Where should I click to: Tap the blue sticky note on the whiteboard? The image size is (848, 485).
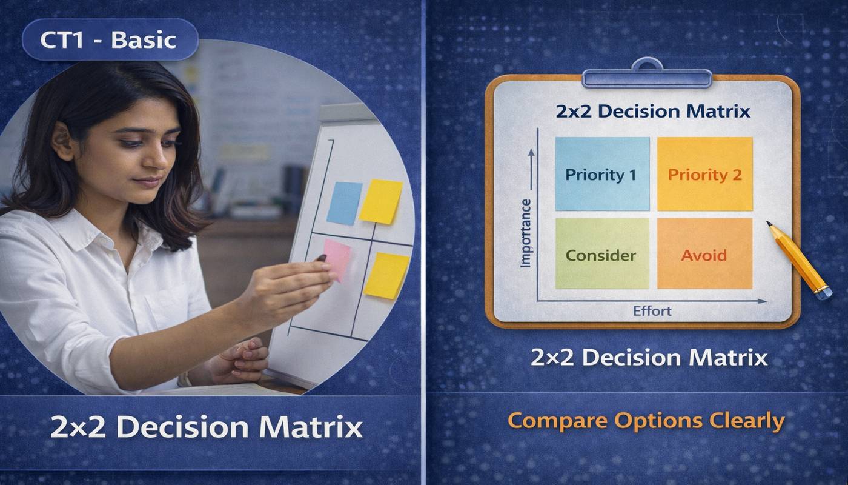click(x=344, y=202)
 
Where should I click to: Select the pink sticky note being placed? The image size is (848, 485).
click(x=337, y=259)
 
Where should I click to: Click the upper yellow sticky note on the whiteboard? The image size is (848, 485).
click(x=380, y=201)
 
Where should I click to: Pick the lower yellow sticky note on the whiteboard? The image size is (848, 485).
click(x=386, y=275)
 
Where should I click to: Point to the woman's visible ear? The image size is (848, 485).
click(x=63, y=141)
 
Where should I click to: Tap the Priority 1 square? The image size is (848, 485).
click(x=601, y=174)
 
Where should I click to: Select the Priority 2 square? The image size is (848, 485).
click(x=704, y=174)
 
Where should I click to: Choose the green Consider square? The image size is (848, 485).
click(x=601, y=254)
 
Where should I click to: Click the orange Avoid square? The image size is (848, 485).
click(x=704, y=254)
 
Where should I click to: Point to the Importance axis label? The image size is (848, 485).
click(x=525, y=233)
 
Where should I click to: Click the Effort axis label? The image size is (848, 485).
click(x=652, y=311)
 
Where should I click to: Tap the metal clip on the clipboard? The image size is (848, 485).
click(x=646, y=75)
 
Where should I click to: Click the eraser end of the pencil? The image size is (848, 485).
click(x=823, y=293)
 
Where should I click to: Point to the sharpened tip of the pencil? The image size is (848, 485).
click(x=769, y=224)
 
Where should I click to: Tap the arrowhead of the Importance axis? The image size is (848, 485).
click(x=531, y=152)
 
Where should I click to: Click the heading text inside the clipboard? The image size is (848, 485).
click(x=652, y=112)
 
